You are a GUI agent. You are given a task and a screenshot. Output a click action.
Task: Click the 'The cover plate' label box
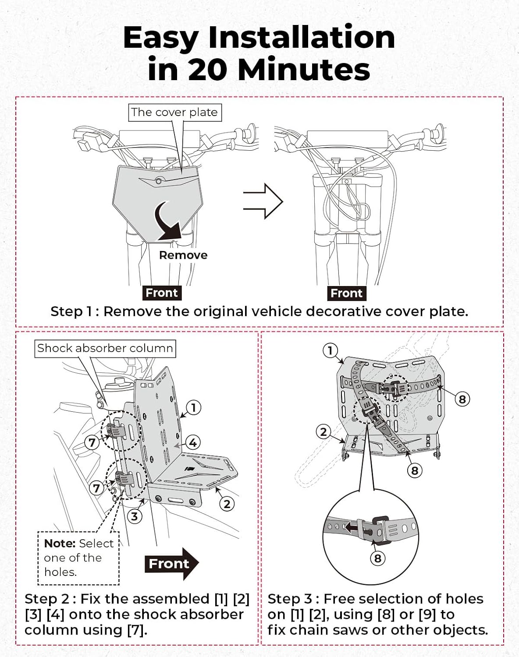(x=174, y=113)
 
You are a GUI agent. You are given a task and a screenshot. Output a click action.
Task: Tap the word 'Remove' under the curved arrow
(x=183, y=255)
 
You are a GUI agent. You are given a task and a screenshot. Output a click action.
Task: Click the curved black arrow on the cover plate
(x=168, y=221)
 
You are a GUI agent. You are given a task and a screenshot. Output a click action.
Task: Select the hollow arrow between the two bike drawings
(x=263, y=201)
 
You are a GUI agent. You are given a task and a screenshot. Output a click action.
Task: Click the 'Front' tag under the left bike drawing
(x=162, y=293)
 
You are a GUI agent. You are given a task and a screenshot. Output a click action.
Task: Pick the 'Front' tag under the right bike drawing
(x=347, y=293)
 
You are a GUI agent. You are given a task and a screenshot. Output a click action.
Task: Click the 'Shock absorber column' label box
(x=105, y=348)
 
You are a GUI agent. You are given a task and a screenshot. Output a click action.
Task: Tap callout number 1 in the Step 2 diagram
(x=193, y=408)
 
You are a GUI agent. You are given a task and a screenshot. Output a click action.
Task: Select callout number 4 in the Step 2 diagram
(x=193, y=442)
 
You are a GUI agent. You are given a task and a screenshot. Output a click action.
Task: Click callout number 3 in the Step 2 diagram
(x=135, y=516)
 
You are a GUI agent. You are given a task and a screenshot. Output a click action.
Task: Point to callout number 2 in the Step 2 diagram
(x=227, y=504)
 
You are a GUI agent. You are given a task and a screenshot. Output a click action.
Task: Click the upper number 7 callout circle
(x=92, y=442)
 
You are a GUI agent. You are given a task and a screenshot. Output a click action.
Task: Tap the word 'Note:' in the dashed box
(x=60, y=544)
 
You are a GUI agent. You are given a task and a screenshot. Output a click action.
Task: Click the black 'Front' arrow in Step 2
(x=171, y=564)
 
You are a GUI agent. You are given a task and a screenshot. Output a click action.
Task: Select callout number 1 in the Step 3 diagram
(x=330, y=350)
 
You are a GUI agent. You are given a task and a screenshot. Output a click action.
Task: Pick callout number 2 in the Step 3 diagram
(x=323, y=432)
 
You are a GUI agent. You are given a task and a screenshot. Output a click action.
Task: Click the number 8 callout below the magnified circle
(x=377, y=558)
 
